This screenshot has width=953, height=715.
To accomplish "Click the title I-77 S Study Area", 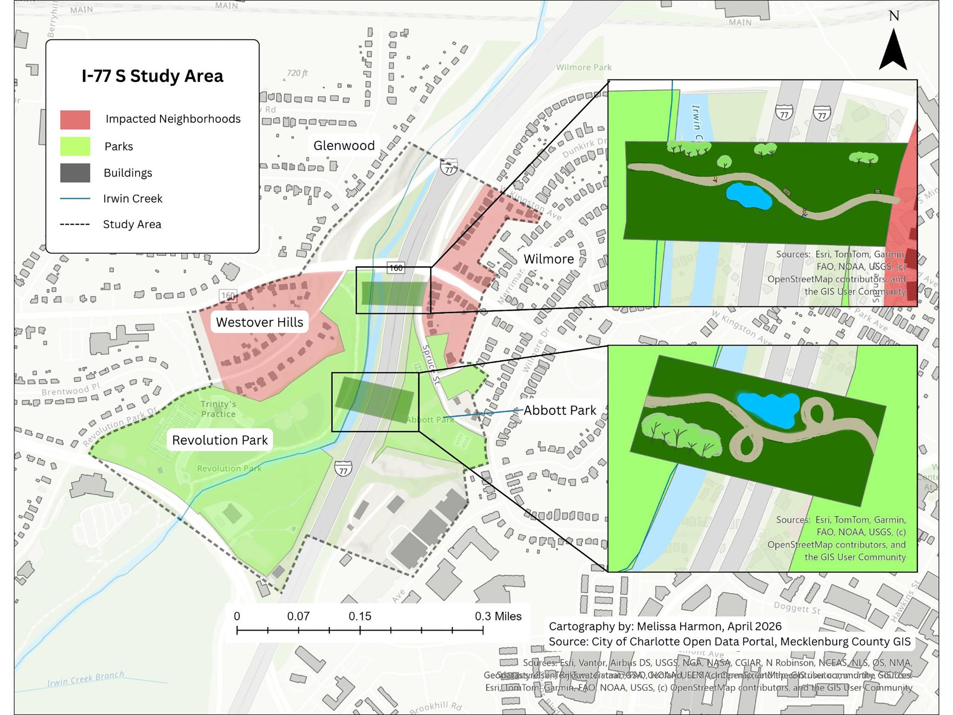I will (x=152, y=76).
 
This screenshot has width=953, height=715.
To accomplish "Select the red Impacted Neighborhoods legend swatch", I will (x=75, y=120).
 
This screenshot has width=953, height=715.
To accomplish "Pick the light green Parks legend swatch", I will (x=75, y=147).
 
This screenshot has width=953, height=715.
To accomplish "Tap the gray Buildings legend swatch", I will (x=75, y=173).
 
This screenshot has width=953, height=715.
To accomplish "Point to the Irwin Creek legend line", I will (x=75, y=199).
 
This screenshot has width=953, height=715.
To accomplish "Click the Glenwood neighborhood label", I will (x=344, y=146).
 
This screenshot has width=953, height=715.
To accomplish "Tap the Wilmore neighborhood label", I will (x=548, y=259).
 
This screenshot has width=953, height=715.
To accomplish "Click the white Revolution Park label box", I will (x=220, y=440).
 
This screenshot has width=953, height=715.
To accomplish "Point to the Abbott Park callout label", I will (x=559, y=410).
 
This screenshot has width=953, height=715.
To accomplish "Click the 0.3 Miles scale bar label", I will (x=498, y=616).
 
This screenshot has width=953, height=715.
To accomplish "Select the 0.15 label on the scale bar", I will (x=360, y=616).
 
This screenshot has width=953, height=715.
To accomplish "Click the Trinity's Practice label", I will (x=218, y=409).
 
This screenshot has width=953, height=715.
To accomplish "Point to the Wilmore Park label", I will (x=583, y=67).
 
